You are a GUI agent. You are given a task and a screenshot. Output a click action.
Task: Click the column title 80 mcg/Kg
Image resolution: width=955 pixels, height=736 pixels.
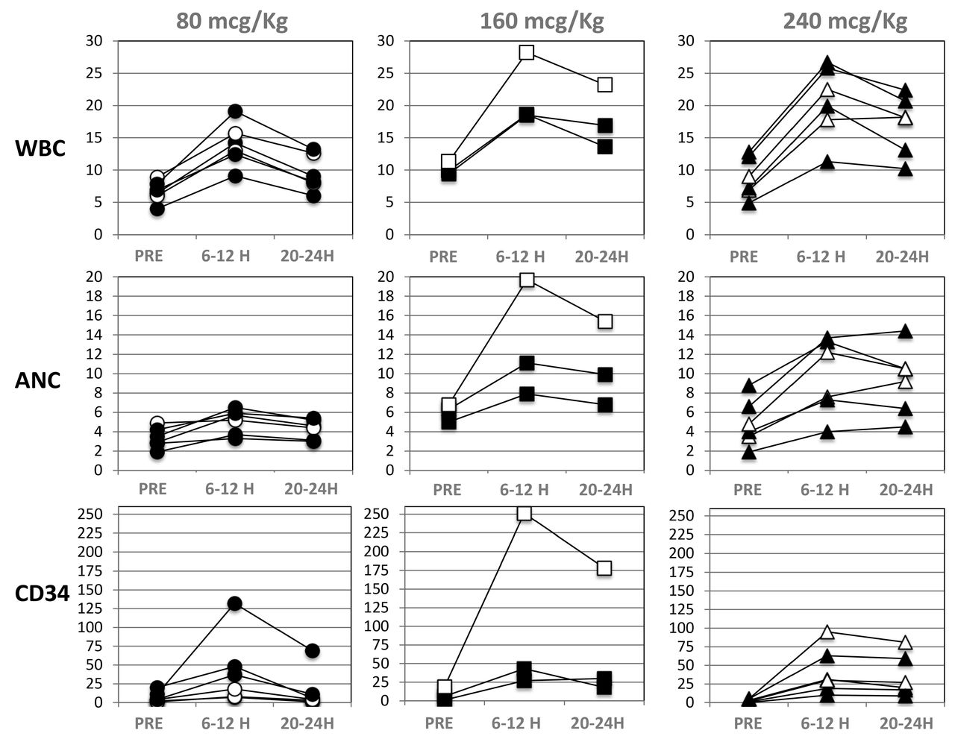click(x=232, y=21)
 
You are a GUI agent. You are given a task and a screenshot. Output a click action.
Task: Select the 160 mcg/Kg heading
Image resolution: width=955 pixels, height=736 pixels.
click(x=542, y=21)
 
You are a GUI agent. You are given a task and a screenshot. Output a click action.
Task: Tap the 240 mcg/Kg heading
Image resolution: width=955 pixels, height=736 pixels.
click(x=845, y=21)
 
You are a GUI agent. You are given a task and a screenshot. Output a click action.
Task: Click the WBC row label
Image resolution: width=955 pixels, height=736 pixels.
click(x=40, y=148)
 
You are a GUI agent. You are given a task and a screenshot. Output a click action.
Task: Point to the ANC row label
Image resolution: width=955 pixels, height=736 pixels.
click(x=38, y=380)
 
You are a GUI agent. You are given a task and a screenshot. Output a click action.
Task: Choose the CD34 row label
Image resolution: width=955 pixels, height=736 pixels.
click(x=43, y=594)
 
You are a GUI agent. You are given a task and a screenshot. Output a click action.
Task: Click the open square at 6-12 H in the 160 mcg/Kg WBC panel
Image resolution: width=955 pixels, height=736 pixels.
click(x=527, y=52)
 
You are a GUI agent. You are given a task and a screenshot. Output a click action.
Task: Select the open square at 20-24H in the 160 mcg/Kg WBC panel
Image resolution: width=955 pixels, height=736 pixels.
click(x=604, y=84)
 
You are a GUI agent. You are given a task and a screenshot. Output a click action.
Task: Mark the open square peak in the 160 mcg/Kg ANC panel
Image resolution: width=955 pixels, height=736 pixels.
click(x=527, y=280)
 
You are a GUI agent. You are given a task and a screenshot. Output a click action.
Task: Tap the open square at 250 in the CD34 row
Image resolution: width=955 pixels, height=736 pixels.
click(x=525, y=513)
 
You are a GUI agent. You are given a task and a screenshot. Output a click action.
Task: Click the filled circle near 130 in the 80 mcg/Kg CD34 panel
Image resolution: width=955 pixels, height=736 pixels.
click(x=234, y=603)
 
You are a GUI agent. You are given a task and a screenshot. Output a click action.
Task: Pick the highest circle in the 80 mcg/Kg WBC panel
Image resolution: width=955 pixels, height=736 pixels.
click(x=235, y=111)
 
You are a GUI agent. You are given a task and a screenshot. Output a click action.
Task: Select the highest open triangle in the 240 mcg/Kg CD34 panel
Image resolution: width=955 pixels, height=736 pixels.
click(x=827, y=632)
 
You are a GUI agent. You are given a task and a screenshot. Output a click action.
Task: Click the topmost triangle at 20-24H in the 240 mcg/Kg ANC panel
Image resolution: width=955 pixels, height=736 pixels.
click(x=905, y=331)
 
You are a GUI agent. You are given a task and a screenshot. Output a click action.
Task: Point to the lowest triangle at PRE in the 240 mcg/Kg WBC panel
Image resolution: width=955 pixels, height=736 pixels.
click(x=749, y=204)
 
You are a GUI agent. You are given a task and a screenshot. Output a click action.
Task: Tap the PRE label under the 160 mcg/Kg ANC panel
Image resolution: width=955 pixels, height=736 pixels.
click(x=447, y=490)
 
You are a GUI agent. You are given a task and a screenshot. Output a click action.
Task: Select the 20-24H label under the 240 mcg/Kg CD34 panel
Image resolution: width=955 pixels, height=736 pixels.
click(x=906, y=723)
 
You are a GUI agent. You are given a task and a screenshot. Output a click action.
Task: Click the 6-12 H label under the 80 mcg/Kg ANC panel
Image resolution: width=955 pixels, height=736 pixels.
click(x=230, y=490)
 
